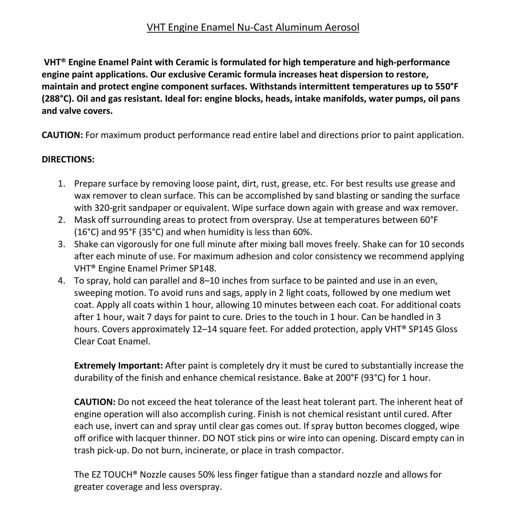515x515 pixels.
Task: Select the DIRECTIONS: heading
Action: click(x=68, y=159)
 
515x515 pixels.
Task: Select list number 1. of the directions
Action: click(x=61, y=184)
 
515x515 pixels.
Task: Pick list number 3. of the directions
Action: click(x=61, y=244)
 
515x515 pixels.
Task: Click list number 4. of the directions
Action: click(x=61, y=281)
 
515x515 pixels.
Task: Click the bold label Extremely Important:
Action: click(x=118, y=366)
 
